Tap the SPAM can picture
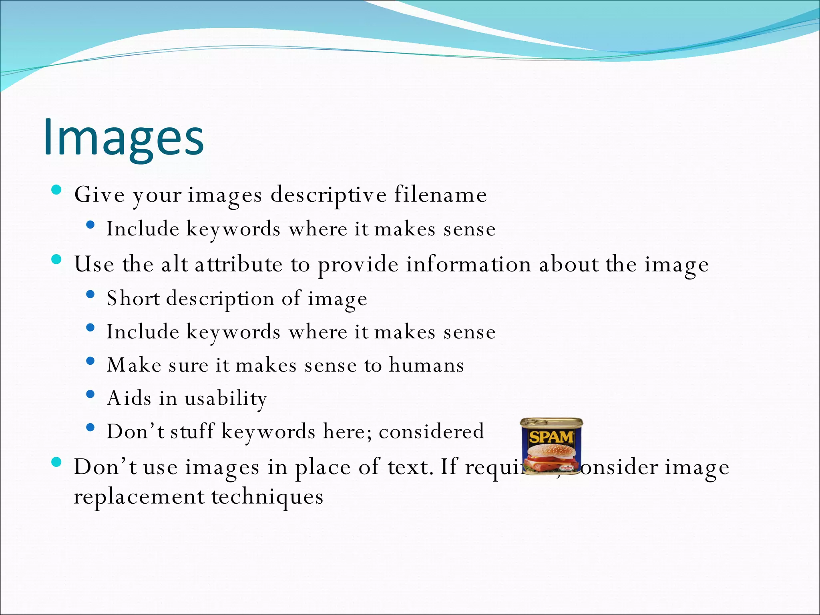tap(551, 446)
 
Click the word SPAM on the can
tap(551, 436)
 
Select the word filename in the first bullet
tap(440, 195)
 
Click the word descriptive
tap(328, 195)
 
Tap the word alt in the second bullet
tap(174, 265)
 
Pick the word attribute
tap(239, 265)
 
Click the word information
tap(468, 265)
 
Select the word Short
tap(133, 298)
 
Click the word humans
tap(426, 365)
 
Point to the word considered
tap(431, 432)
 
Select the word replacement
tap(139, 497)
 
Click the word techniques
tap(267, 497)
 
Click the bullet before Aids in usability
tap(90, 394)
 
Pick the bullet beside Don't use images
tap(56, 462)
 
